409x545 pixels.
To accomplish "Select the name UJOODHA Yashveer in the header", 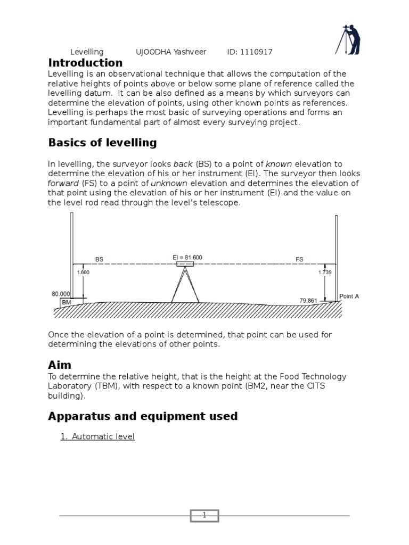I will point(174,52).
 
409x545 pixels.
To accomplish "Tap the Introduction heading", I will point(85,63).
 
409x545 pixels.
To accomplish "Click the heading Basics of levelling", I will point(102,143).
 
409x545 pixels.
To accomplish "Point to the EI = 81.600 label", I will point(187,258).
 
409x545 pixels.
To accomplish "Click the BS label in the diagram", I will point(99,259).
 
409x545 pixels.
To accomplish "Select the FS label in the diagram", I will point(299,259).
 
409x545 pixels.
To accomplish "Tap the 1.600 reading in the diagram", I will point(83,272).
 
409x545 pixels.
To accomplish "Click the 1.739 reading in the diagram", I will point(325,272).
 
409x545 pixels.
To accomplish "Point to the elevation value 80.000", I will point(61,293).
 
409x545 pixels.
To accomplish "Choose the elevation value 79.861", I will point(308,300).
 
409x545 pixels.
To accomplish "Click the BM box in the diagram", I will point(67,302).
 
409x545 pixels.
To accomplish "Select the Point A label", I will point(349,296).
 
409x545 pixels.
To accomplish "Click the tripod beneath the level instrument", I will point(185,286).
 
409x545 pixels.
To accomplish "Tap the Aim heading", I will point(59,365).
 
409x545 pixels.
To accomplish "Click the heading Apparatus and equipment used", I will point(143,416).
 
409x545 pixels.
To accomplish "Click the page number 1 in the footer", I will point(204,515).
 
